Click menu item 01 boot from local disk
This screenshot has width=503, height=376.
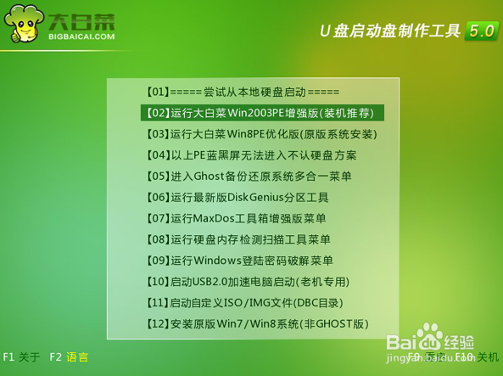coord(243,92)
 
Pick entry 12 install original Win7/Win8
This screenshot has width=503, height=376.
coord(259,324)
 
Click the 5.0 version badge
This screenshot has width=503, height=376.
coord(480,31)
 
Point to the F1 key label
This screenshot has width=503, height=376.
coord(8,356)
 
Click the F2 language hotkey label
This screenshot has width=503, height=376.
coord(68,356)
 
